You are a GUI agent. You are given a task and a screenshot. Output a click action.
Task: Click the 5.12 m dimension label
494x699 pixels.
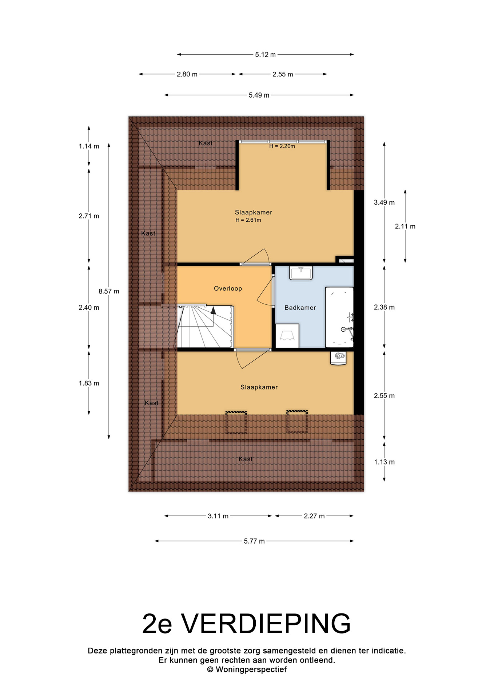pos(265,55)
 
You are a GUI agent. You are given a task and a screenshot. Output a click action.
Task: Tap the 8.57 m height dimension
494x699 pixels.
pos(109,291)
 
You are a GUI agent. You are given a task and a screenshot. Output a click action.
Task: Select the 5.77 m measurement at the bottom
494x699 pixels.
pos(254,541)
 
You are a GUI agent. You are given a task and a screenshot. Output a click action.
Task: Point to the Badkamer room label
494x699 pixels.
pos(300,308)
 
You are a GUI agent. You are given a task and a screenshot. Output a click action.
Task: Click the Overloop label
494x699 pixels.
pos(228,289)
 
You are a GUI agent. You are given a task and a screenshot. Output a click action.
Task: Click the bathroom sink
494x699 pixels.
pos(301,273)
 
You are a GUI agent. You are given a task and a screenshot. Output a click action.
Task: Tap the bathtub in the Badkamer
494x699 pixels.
pos(339,317)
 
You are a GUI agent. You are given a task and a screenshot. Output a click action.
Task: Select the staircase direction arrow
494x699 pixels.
pos(213,310)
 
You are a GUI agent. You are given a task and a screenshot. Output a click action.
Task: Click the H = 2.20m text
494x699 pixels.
pos(282,146)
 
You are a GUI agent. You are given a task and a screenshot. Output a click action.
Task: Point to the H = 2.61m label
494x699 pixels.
pos(248,220)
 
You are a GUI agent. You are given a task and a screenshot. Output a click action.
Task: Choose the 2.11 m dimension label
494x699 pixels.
pos(405,226)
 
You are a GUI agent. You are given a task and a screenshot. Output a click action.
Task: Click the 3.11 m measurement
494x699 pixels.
pos(218,516)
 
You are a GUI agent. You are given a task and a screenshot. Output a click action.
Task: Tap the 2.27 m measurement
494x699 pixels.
pos(314,516)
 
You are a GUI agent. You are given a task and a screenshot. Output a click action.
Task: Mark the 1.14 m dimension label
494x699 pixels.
pos(89,146)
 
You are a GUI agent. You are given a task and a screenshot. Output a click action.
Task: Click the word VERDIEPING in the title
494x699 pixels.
pos(266,624)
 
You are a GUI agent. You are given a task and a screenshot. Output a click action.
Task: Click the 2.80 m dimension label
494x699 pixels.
pos(187,74)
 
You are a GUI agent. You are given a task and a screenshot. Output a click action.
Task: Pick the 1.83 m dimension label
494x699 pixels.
pos(89,383)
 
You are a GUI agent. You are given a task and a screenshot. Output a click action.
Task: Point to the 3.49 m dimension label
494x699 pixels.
pos(384,203)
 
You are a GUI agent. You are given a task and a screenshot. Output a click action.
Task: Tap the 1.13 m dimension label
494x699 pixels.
pos(385,462)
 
